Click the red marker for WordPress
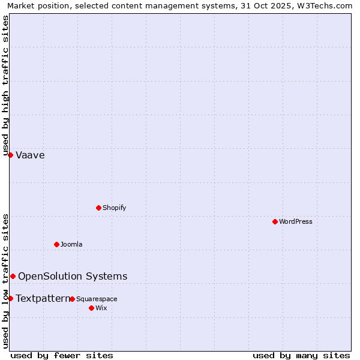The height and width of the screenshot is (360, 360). tap(275, 221)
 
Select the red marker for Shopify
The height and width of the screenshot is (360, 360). tap(98, 208)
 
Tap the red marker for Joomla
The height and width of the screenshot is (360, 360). tap(56, 244)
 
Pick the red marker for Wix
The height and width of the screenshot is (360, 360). tap(91, 308)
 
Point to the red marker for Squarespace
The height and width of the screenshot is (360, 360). tap(72, 299)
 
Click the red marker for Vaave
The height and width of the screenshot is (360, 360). tap(10, 155)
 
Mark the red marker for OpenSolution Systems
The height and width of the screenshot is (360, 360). tap(13, 276)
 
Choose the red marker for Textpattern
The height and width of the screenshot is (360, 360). tap(10, 298)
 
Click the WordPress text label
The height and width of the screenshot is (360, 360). tap(296, 221)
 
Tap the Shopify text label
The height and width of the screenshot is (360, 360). tap(114, 208)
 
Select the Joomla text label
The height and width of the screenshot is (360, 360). tap(71, 244)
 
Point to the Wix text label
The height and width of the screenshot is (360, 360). tap(101, 308)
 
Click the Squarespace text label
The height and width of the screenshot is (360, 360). tap(97, 299)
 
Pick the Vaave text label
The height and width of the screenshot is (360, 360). tap(30, 155)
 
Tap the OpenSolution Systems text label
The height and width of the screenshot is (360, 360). tap(73, 276)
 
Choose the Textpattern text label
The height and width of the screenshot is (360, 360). tap(43, 298)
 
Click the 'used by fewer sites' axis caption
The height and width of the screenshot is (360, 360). tap(62, 355)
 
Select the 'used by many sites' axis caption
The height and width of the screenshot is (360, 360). tap(301, 355)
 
